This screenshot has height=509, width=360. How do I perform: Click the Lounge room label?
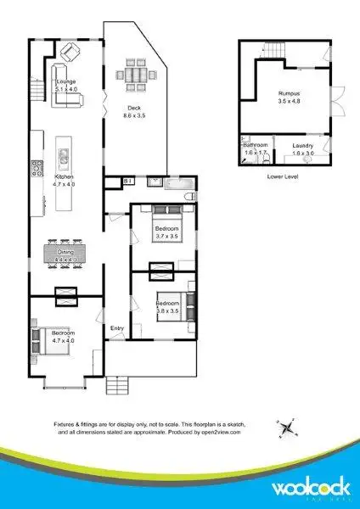65,83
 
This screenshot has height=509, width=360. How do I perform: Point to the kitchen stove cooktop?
37,167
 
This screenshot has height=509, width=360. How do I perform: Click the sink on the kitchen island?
65,156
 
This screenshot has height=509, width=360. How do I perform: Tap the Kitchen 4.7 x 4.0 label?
65,179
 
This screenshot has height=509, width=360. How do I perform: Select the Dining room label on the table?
65,251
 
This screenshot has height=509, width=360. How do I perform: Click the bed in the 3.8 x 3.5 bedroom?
166,303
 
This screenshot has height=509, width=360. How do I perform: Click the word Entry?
117,327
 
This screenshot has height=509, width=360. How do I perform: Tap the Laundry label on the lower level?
303,148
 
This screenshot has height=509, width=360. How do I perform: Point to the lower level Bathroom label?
256,148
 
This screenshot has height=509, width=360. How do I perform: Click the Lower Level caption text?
282,176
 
